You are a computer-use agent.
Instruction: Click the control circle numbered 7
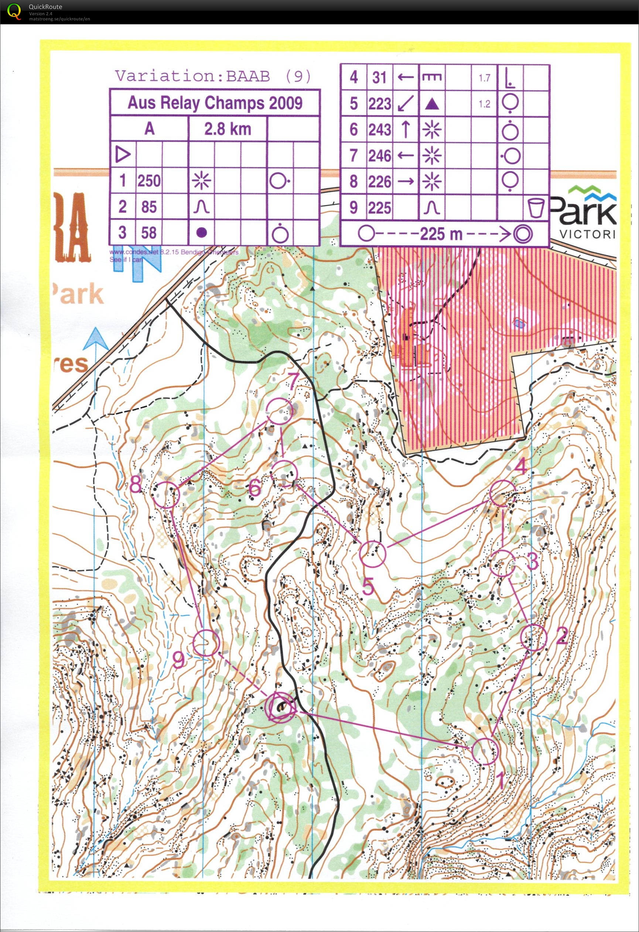(280, 411)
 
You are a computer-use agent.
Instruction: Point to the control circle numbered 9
(206, 643)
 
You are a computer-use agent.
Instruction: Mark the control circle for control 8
(166, 495)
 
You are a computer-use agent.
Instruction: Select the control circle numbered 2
(534, 638)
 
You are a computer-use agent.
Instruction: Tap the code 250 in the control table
(149, 181)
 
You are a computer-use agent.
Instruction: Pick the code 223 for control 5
(380, 103)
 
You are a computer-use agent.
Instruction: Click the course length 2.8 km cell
(227, 129)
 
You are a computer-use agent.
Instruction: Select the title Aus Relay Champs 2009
(215, 103)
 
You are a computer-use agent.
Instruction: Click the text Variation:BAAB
(192, 76)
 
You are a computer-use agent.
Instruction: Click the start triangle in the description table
(123, 154)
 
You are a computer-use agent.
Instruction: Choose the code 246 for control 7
(380, 156)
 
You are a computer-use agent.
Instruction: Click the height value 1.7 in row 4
(484, 78)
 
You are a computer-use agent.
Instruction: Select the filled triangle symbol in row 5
(432, 104)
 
